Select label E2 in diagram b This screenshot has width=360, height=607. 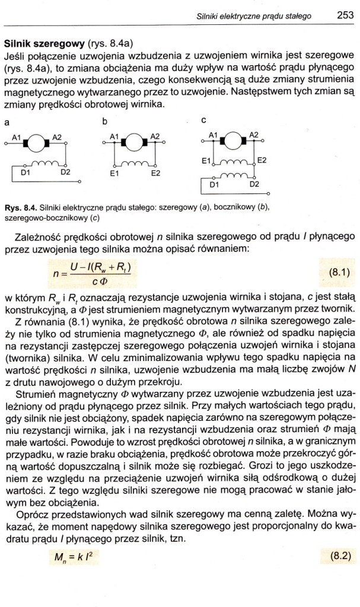coord(156,174)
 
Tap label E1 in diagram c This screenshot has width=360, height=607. coord(206,161)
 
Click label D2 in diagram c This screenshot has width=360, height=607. coord(253,185)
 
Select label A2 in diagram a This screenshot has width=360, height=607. coord(58,137)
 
